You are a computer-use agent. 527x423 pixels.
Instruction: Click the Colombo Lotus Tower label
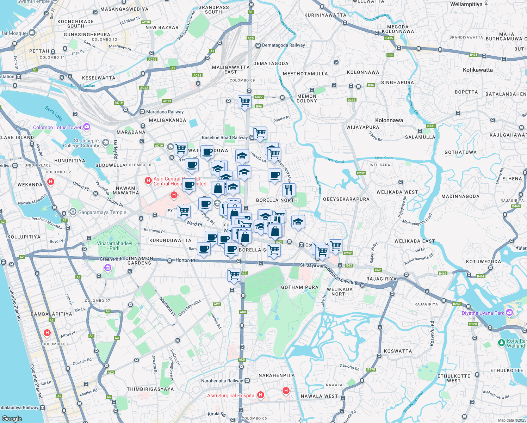(x=57, y=127)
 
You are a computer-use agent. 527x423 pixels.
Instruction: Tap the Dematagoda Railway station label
(x=283, y=45)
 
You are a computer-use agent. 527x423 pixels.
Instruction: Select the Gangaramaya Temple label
(x=102, y=212)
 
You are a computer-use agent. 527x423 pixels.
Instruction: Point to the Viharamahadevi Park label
(x=114, y=246)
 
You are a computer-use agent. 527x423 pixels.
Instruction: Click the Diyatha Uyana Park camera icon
(x=509, y=313)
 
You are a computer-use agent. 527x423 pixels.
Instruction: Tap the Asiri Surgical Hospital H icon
(x=260, y=395)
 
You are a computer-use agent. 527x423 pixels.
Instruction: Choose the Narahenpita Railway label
(x=222, y=381)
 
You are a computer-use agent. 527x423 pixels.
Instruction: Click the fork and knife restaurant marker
(x=289, y=190)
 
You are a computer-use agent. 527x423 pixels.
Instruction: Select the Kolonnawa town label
(x=389, y=120)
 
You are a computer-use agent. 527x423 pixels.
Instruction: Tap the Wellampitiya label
(x=466, y=5)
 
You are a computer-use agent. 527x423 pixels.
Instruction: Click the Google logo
(x=12, y=418)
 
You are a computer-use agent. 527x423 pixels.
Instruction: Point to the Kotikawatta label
(x=478, y=70)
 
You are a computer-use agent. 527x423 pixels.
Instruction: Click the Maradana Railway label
(x=165, y=112)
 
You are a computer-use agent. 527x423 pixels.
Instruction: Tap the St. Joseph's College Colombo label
(x=82, y=143)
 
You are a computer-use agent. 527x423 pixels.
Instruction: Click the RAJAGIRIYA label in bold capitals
(x=381, y=279)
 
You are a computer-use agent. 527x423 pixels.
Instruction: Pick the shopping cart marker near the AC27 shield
(x=244, y=102)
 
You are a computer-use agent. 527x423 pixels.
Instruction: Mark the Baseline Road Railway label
(x=225, y=137)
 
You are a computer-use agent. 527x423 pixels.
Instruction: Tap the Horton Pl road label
(x=185, y=260)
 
